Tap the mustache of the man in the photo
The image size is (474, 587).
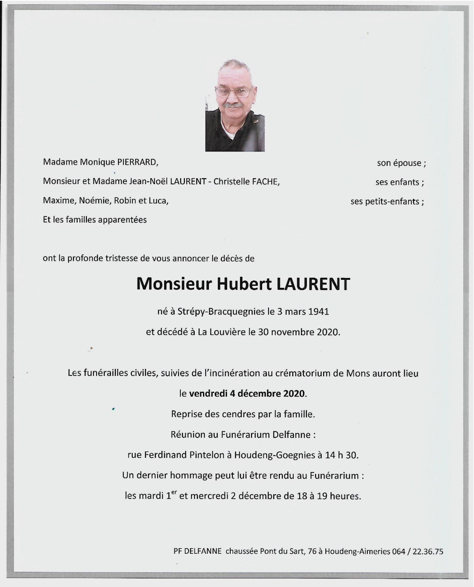[x=234, y=106]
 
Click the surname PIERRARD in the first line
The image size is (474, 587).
[x=138, y=162]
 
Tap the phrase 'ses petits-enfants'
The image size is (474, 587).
[x=385, y=201]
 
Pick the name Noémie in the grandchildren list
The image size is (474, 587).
[x=95, y=201]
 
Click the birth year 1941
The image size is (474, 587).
[x=319, y=311]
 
